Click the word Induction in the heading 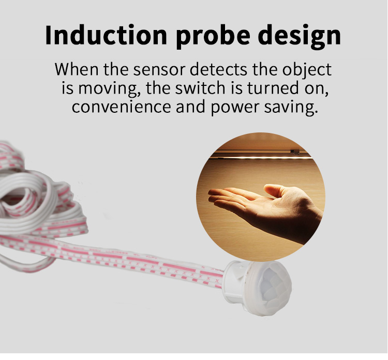tap(106, 35)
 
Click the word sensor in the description tap(159, 69)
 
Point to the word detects tap(218, 69)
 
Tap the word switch tap(200, 88)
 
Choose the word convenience tap(121, 107)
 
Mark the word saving tap(291, 108)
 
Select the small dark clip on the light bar tap(294, 152)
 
